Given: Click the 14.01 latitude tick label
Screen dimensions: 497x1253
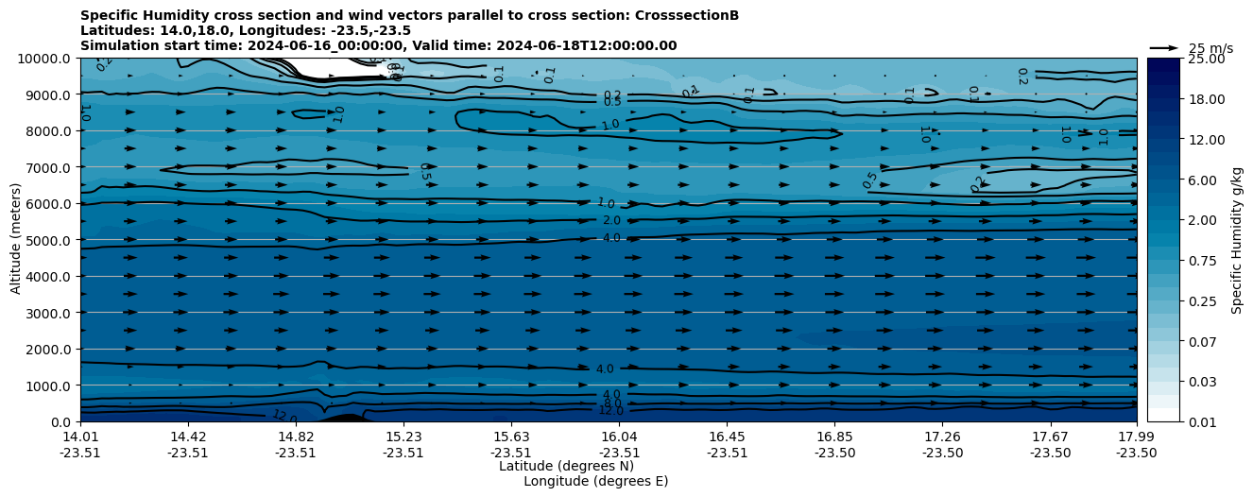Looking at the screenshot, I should [x=80, y=437].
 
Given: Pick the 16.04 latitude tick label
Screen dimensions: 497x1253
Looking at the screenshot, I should [x=619, y=437].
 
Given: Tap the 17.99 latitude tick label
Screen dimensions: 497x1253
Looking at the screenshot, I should [x=1136, y=437].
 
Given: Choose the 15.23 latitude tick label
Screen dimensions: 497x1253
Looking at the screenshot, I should [x=403, y=437].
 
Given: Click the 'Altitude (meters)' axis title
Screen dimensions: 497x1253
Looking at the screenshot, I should [x=16, y=240].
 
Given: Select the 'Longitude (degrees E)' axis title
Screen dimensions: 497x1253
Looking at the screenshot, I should [x=595, y=481].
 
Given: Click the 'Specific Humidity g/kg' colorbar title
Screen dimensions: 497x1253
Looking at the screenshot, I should [x=1237, y=240].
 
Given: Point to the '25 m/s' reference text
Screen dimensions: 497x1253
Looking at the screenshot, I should [x=1210, y=48].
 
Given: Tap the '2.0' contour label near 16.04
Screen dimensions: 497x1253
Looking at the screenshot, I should [x=611, y=220].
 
